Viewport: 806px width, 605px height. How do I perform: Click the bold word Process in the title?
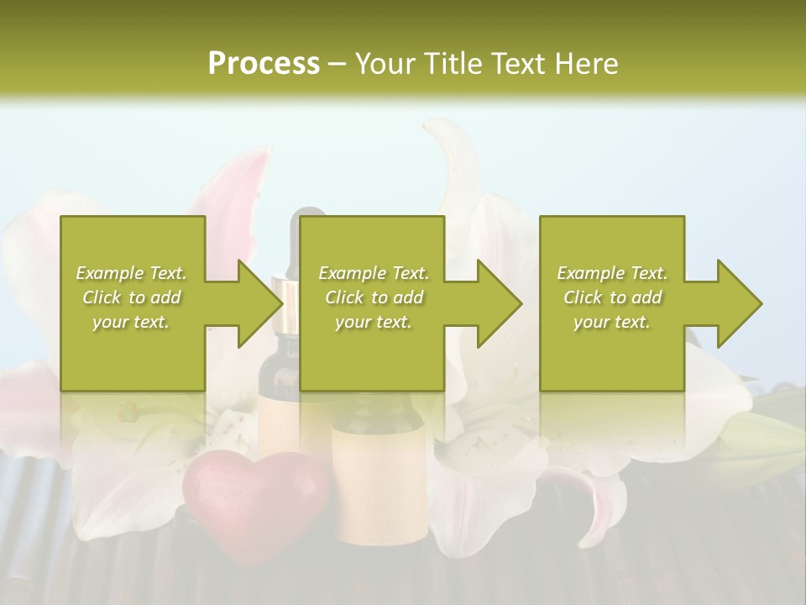click(264, 64)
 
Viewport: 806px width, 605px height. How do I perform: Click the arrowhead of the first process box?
click(260, 303)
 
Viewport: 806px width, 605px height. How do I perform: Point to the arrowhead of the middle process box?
click(500, 303)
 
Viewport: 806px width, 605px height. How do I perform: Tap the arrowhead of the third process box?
click(739, 303)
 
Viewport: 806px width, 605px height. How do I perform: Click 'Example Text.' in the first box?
click(131, 273)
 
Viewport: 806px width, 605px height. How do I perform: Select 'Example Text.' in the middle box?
click(374, 273)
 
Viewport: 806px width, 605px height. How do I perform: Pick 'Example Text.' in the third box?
click(612, 273)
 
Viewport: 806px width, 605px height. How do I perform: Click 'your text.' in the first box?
click(131, 323)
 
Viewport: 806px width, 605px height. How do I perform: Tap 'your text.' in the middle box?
click(374, 323)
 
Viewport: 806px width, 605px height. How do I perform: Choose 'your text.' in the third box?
click(612, 323)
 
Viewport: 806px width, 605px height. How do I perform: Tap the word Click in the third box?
click(584, 298)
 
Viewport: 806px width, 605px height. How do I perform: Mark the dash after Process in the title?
click(338, 65)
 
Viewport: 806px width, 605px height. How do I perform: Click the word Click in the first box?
click(102, 298)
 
